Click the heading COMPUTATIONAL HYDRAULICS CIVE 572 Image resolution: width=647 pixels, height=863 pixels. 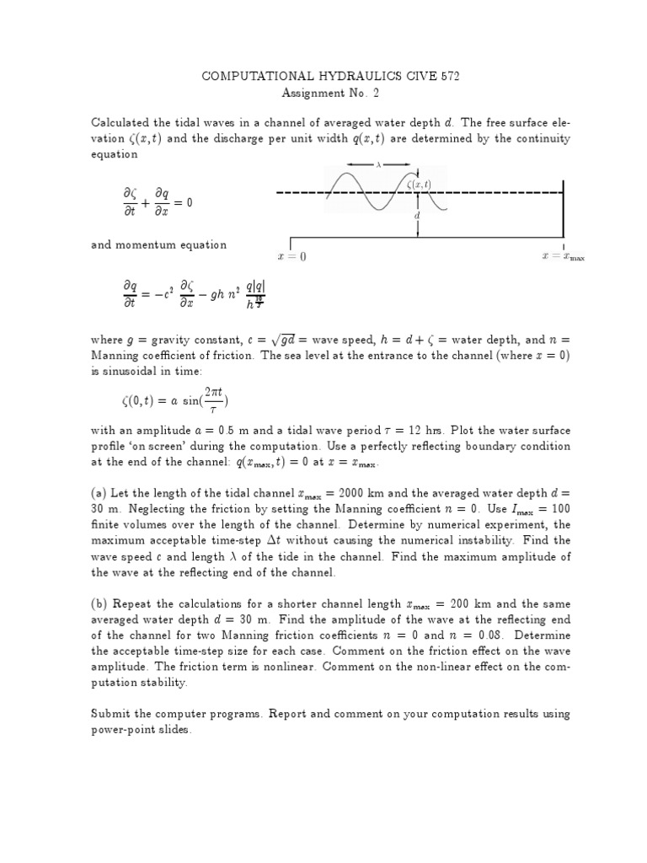[x=329, y=77]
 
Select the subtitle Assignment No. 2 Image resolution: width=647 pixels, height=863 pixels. [x=329, y=94]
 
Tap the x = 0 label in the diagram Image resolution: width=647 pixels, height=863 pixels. [x=292, y=256]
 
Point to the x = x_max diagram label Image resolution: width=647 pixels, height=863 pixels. [x=562, y=256]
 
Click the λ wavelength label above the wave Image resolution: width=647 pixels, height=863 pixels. [x=378, y=166]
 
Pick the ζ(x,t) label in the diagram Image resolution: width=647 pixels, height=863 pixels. [x=419, y=184]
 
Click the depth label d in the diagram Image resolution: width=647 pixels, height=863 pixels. [x=416, y=216]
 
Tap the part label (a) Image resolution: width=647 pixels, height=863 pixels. [x=100, y=493]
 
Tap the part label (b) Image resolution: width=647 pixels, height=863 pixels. [x=100, y=604]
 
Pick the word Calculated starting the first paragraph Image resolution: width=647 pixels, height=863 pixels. [x=124, y=124]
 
